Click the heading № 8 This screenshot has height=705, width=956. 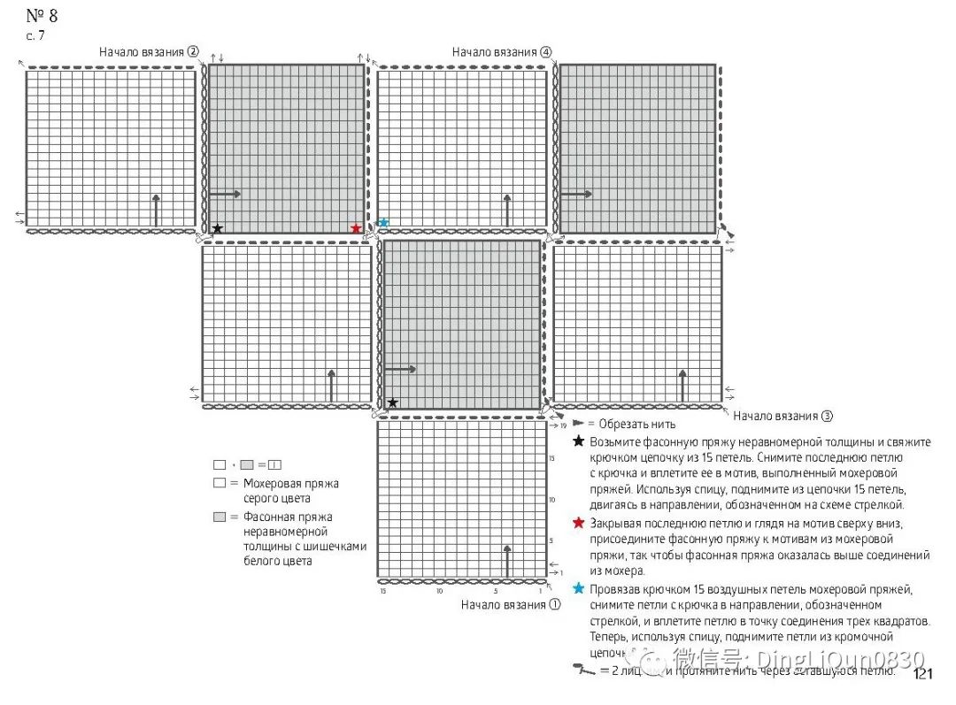point(42,16)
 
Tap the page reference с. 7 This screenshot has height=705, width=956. point(35,35)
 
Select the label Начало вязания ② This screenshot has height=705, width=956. point(149,52)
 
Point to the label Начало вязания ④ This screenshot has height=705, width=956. point(502,52)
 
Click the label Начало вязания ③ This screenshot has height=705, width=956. point(783,416)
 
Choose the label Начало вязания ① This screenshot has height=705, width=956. point(511,605)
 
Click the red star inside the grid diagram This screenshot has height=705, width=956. point(356,228)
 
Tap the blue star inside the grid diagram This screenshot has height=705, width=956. point(383,223)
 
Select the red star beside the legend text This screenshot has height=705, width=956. point(579,523)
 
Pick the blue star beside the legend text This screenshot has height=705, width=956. point(579,588)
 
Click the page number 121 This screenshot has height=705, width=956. point(923,675)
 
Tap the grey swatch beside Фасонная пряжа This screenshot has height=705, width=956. point(220,517)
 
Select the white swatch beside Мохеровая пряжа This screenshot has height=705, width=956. point(220,484)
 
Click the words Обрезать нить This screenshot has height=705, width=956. point(632,424)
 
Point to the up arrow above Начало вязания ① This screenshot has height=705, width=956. point(507,561)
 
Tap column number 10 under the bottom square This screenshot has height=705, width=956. point(439,590)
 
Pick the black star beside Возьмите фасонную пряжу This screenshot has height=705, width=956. point(579,441)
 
